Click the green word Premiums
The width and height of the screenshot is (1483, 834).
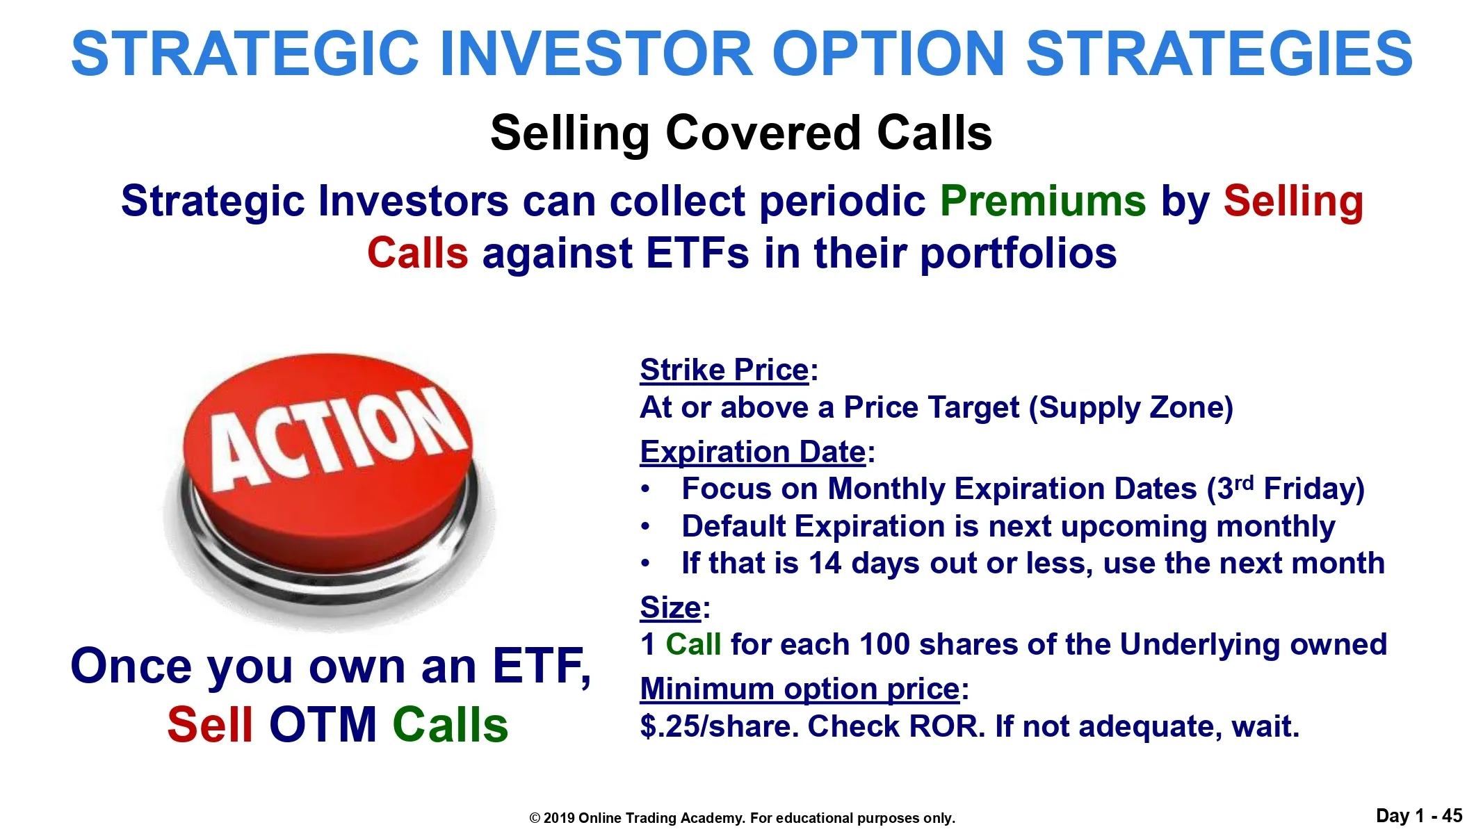1043,202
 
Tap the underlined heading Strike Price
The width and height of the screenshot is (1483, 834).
724,370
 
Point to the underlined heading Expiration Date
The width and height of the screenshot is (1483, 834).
753,452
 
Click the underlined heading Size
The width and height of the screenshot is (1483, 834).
670,607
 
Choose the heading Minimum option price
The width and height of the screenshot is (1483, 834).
800,689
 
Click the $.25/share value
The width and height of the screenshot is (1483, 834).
719,726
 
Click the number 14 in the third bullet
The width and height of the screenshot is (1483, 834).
825,564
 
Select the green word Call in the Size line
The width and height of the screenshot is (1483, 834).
693,644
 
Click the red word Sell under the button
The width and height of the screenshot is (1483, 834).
210,724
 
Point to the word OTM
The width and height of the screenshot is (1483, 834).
323,724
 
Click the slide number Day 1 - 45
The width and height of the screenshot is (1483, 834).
1419,816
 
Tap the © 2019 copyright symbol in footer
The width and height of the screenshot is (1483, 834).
535,819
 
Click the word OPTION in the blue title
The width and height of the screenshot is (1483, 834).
889,54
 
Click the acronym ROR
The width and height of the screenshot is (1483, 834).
946,726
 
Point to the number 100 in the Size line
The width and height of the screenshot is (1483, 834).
884,644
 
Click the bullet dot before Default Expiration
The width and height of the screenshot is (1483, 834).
646,527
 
